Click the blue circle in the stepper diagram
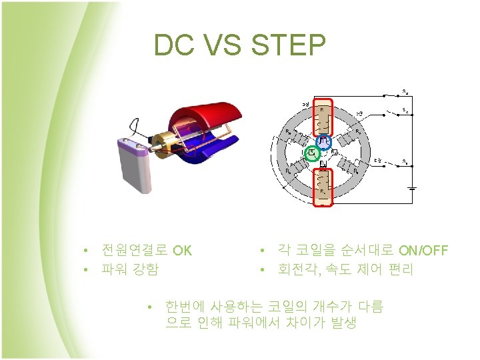323,141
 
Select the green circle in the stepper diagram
311,154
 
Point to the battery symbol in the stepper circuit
413,188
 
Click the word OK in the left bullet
182,251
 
